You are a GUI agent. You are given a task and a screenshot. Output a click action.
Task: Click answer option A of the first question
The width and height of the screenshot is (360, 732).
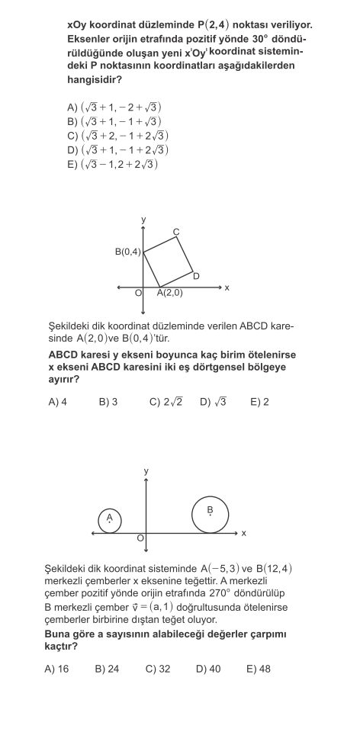[114, 108]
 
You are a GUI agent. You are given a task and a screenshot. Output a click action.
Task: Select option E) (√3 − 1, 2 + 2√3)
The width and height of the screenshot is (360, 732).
[113, 165]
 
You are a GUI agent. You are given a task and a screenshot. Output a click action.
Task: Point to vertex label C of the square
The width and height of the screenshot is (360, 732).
[176, 232]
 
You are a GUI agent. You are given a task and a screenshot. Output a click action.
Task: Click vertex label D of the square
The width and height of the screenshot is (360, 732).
[196, 276]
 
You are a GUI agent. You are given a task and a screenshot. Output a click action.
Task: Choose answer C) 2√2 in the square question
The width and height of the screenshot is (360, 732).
[166, 402]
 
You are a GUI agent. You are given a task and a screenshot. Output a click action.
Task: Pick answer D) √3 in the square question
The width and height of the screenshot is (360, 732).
[214, 402]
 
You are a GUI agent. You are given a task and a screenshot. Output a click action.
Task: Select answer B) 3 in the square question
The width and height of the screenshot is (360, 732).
[108, 402]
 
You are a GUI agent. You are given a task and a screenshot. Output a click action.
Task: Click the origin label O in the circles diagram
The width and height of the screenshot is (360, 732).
[140, 539]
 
